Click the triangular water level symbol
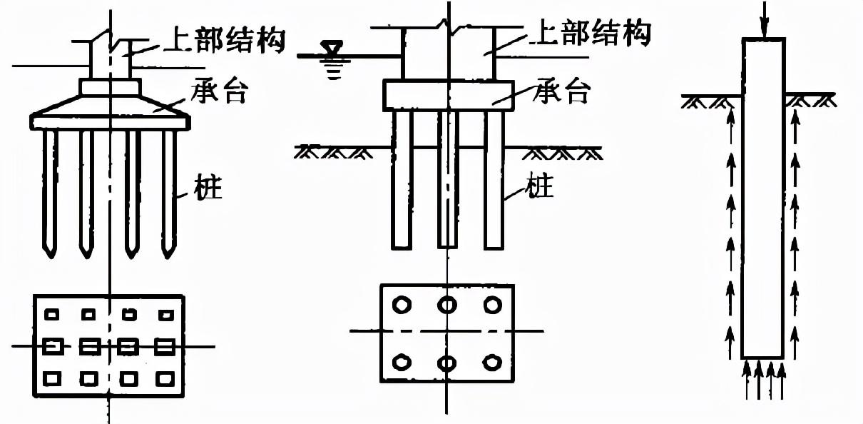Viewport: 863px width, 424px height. tap(331, 49)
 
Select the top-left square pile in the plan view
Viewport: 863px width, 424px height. tap(52, 313)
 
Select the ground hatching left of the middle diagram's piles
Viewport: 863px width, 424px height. tap(332, 152)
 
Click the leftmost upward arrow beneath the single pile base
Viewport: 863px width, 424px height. tap(747, 378)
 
